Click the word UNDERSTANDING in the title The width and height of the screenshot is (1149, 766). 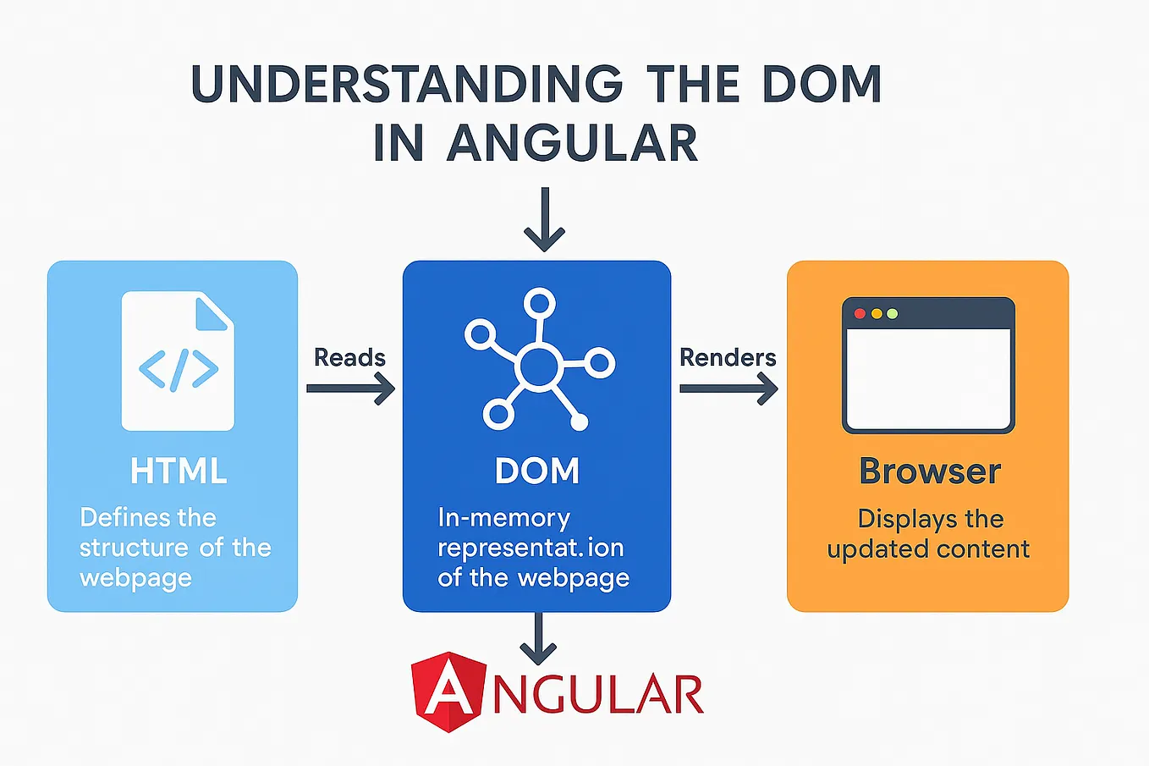tap(407, 85)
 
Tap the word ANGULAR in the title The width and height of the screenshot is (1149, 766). tap(572, 143)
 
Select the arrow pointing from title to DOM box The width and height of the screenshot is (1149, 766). tap(543, 220)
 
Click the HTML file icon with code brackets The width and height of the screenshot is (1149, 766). tap(178, 361)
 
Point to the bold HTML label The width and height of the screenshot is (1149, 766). tap(179, 471)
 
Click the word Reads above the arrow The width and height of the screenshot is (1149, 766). tap(349, 357)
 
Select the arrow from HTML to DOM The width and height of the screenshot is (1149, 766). tap(350, 389)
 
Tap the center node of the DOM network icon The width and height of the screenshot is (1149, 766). tap(539, 366)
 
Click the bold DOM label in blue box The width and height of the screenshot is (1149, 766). tap(537, 471)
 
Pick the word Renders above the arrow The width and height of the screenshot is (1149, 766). tap(728, 357)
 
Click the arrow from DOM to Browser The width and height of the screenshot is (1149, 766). tap(728, 389)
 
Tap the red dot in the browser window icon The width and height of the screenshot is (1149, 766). tap(860, 313)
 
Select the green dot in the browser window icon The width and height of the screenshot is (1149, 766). tap(892, 313)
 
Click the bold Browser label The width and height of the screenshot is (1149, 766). tap(930, 471)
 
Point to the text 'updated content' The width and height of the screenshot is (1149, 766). tap(928, 549)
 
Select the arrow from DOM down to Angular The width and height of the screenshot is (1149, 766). tap(537, 639)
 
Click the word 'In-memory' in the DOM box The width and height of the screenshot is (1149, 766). tap(503, 518)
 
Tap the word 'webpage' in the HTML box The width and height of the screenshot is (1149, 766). tap(135, 578)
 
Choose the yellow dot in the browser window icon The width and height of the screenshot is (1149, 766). tap(877, 313)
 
